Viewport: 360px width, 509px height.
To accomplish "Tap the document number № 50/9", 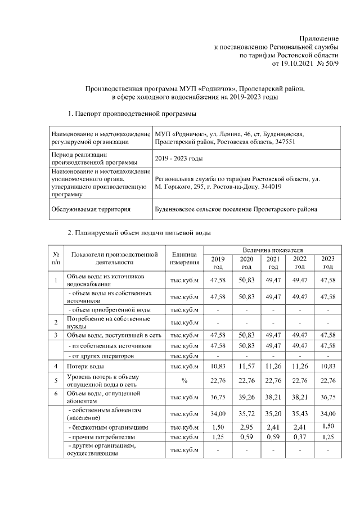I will (x=328, y=65).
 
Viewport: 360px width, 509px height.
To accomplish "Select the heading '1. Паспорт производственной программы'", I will (x=132, y=114).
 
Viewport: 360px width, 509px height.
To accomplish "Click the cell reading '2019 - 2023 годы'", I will (x=179, y=159).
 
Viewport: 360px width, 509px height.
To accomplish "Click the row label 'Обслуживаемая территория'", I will (x=91, y=209).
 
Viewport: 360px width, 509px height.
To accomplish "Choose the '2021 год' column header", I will (x=273, y=263).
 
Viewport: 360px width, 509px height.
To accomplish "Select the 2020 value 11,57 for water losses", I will (x=246, y=366).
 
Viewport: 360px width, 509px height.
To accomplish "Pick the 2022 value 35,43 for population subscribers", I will (x=300, y=414).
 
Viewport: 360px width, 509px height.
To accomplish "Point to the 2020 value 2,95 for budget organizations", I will (x=246, y=427).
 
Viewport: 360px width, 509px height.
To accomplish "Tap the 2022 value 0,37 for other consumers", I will (x=300, y=437).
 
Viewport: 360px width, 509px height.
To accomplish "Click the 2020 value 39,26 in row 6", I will (x=246, y=397).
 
